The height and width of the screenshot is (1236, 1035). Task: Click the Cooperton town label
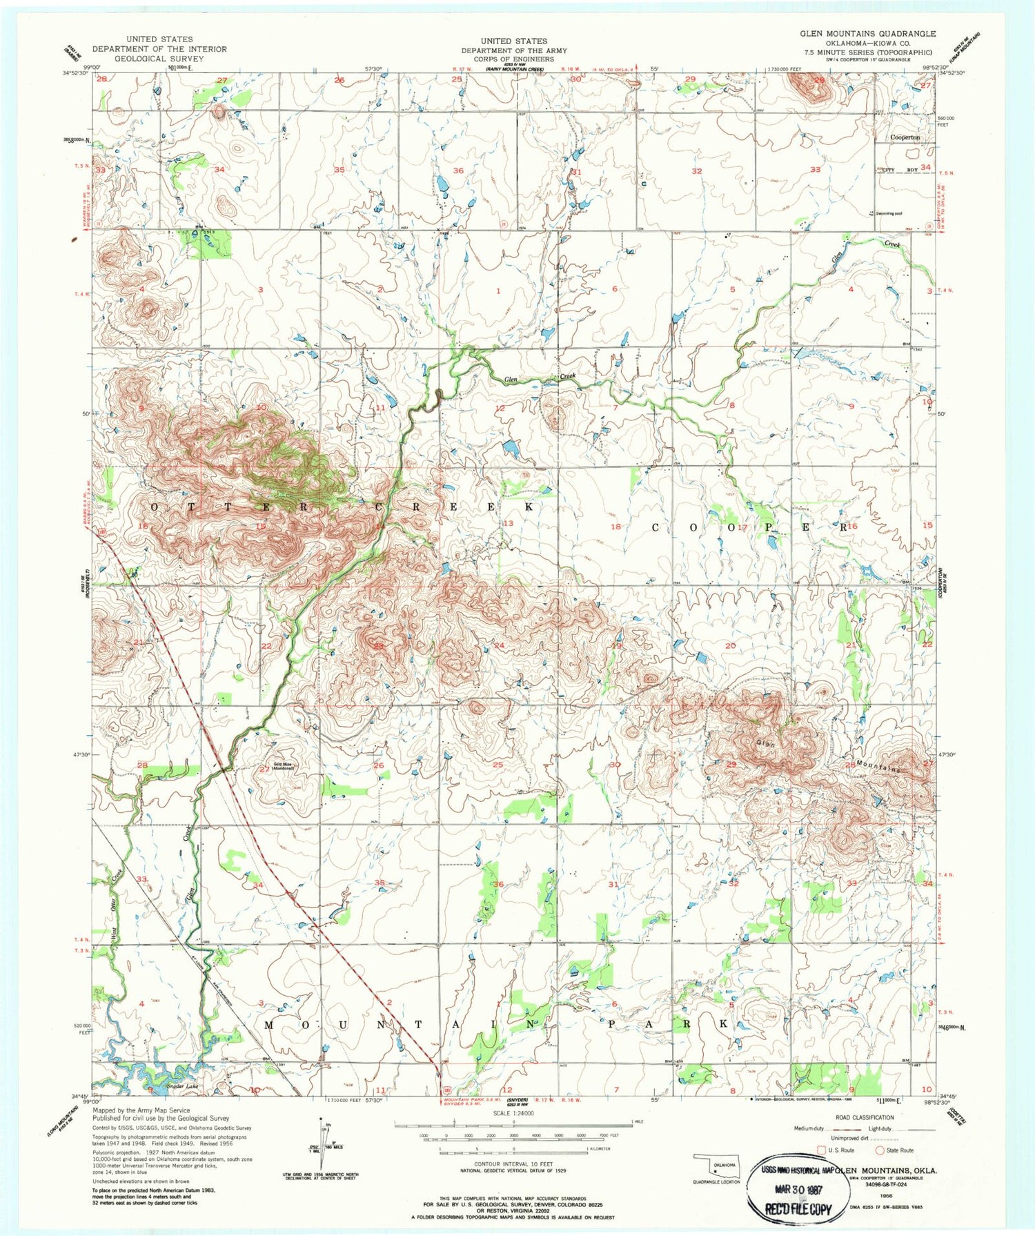(905, 137)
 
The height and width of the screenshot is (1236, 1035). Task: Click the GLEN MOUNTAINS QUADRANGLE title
(867, 33)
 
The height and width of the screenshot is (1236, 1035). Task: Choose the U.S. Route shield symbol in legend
(821, 1150)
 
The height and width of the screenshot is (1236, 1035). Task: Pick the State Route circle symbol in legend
(880, 1150)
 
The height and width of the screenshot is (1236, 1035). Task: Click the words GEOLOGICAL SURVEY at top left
(159, 59)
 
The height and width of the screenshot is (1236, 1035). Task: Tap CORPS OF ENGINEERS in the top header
(514, 59)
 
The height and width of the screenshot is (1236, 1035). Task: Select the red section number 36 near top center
(458, 170)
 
